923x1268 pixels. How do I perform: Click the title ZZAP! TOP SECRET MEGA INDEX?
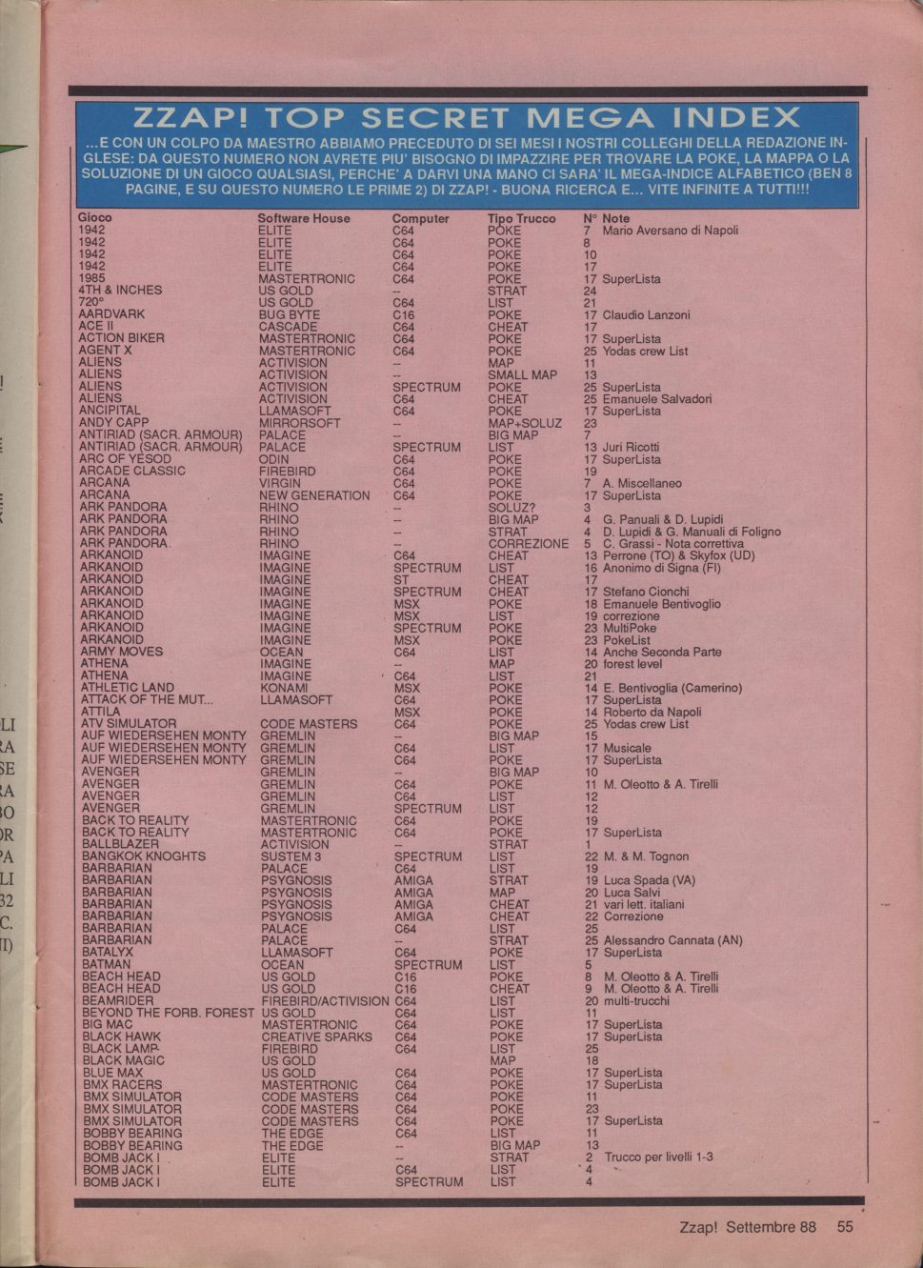467,118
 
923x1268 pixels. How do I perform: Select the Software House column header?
303,218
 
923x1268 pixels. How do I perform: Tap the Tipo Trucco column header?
521,218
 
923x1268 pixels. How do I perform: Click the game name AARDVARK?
111,313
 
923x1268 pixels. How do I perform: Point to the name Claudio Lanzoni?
646,314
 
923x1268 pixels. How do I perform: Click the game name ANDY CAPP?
113,422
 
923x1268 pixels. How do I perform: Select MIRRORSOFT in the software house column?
299,423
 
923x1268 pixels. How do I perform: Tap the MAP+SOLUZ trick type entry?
525,423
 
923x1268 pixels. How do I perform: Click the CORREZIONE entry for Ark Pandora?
528,544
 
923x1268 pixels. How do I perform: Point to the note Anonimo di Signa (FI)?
661,568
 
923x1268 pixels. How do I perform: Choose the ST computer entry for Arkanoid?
401,579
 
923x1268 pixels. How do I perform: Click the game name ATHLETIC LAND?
128,687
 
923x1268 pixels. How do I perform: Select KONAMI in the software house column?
284,688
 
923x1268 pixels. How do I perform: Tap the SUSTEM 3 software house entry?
291,856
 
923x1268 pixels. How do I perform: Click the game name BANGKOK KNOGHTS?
143,855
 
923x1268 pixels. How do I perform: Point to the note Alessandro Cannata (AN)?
672,940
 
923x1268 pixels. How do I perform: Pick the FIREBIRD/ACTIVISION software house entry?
325,1001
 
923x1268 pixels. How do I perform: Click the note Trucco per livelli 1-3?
658,1157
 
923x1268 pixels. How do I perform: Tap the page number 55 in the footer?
845,1227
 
